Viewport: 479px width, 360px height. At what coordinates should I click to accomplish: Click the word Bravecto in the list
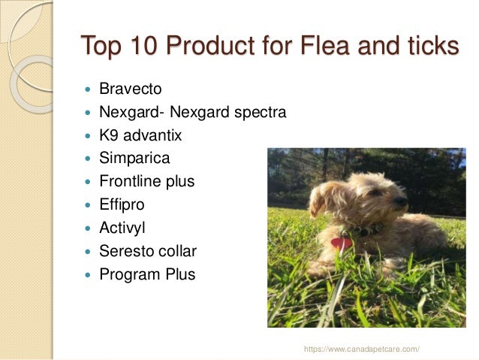130,89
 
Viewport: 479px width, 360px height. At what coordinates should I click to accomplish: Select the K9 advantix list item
140,136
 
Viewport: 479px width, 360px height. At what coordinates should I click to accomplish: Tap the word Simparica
134,159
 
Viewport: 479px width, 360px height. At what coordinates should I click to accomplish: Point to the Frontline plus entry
146,181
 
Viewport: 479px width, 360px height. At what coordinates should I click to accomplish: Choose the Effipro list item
122,204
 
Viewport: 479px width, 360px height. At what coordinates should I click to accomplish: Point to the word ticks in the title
430,46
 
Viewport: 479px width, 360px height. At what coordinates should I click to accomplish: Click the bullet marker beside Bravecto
89,90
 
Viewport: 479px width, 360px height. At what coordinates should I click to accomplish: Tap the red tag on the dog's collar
342,243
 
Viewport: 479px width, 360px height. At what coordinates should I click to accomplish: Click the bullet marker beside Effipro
89,205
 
